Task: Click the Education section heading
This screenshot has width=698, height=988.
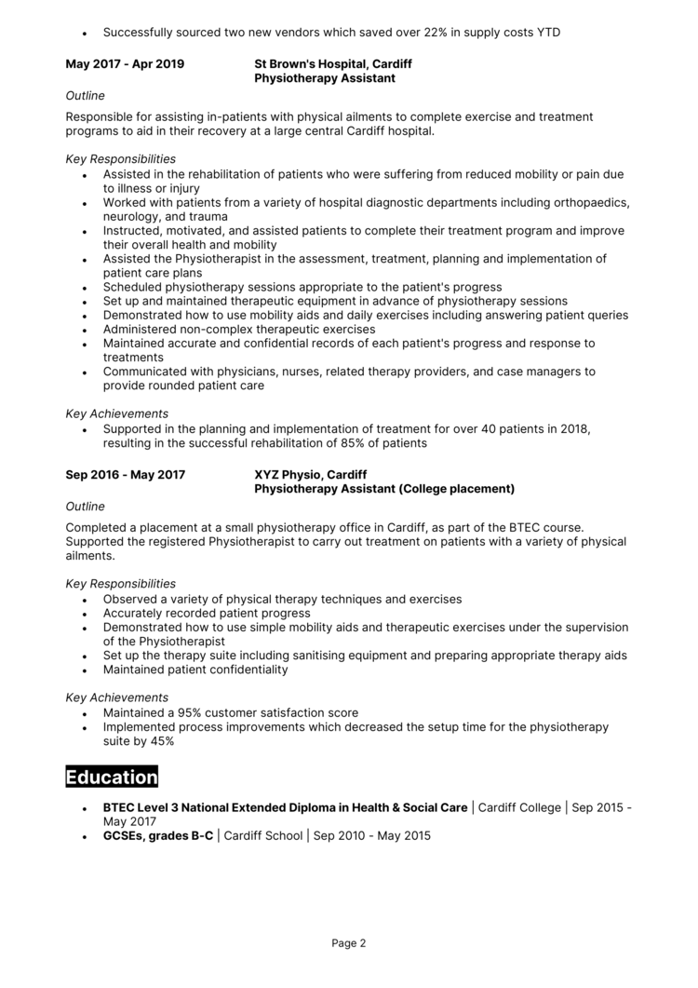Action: pos(112,777)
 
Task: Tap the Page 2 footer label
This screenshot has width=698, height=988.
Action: pos(349,942)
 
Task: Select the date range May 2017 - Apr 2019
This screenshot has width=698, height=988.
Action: pos(125,64)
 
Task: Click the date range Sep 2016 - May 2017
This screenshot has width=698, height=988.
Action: pos(125,475)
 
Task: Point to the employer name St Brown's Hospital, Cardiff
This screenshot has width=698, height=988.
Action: pos(332,64)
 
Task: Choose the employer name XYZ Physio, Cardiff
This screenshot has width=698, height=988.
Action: pos(312,475)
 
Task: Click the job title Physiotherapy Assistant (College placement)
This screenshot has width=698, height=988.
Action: pos(383,489)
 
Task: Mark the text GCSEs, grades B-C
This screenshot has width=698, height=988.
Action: pos(157,836)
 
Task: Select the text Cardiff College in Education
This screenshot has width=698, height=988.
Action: pos(519,808)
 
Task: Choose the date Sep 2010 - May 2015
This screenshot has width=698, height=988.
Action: pos(372,836)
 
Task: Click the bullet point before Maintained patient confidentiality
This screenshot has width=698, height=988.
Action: pos(85,670)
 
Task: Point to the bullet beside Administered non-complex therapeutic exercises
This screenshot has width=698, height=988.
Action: pos(85,330)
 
